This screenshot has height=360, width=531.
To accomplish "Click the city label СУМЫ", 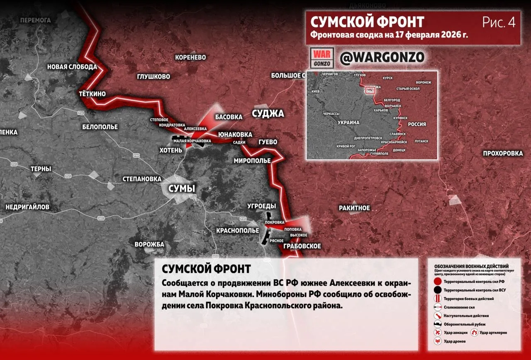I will (x=181, y=189).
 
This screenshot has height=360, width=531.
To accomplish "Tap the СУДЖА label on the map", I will (x=268, y=114).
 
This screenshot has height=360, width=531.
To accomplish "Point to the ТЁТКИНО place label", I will (x=92, y=94).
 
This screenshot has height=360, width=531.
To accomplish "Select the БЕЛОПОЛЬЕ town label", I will (x=100, y=127).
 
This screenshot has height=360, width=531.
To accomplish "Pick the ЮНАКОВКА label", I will (x=235, y=135).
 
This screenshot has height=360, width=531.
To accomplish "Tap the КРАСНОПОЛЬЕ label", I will (x=238, y=230).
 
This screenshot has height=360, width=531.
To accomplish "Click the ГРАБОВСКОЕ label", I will (x=302, y=246).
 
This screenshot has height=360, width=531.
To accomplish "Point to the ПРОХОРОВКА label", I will (x=503, y=154).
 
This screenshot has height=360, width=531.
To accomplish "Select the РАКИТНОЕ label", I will (x=354, y=208).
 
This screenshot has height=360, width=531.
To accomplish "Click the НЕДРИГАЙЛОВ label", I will (x=27, y=207).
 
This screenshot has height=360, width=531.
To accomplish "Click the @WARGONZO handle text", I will (x=382, y=58).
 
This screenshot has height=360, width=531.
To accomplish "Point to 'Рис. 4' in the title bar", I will (x=499, y=22).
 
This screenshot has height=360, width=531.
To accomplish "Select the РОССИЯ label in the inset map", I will (x=417, y=124).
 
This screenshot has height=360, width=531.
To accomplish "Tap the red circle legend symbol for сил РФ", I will (x=437, y=282).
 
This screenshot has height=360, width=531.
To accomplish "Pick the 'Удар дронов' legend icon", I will (x=437, y=341).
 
